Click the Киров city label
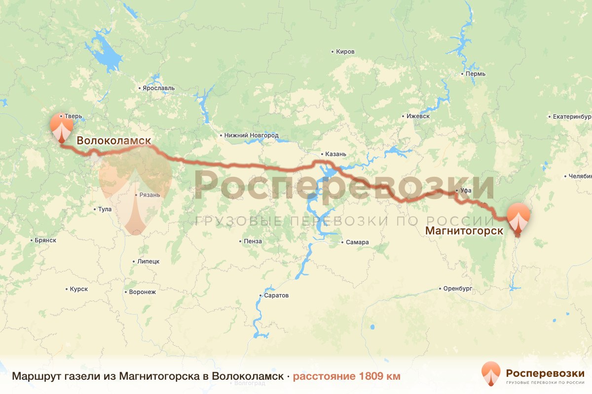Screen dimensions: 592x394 [345, 52]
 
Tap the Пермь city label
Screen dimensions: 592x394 [476, 74]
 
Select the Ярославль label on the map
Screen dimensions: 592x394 [158, 88]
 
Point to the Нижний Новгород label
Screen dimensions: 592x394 [251, 135]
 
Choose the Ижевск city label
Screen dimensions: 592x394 [418, 116]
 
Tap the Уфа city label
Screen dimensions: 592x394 [466, 191]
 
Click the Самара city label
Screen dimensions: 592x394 [357, 242]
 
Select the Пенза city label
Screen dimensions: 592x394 [253, 241]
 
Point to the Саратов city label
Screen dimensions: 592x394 [276, 295]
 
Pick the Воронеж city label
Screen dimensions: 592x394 [142, 292]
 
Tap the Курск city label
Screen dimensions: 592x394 [78, 289]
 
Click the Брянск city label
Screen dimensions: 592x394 [46, 240]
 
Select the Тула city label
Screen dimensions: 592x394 [105, 209]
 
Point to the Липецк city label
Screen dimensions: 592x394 [148, 262]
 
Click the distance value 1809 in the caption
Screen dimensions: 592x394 [372, 376]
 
